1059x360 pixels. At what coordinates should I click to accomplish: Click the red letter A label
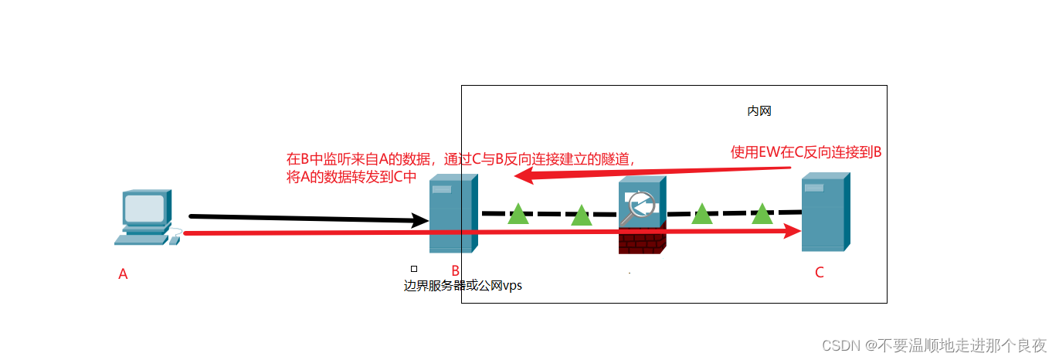pyautogui.click(x=123, y=273)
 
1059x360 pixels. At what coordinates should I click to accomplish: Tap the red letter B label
pyautogui.click(x=456, y=270)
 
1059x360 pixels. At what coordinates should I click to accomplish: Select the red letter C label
pyautogui.click(x=820, y=272)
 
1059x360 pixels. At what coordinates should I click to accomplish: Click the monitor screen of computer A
pyautogui.click(x=144, y=209)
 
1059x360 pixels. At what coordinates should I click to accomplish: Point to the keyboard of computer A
pyautogui.click(x=141, y=239)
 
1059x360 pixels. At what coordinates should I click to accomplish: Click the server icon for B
pyautogui.click(x=453, y=213)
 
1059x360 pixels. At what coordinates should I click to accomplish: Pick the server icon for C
pyautogui.click(x=825, y=212)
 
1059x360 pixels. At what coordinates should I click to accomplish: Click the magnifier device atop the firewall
pyautogui.click(x=641, y=204)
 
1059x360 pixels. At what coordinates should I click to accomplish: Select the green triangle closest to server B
pyautogui.click(x=518, y=214)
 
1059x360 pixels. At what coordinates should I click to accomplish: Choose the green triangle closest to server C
pyautogui.click(x=762, y=213)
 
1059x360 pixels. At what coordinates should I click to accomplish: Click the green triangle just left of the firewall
pyautogui.click(x=581, y=216)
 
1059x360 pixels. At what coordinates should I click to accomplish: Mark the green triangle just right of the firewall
pyautogui.click(x=701, y=213)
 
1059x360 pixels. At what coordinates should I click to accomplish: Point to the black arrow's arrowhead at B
pyautogui.click(x=420, y=221)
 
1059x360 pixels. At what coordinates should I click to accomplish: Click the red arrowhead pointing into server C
pyautogui.click(x=791, y=230)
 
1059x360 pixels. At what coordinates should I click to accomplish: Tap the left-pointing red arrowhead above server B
pyautogui.click(x=525, y=177)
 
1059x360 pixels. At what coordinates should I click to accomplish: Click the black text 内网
pyautogui.click(x=759, y=111)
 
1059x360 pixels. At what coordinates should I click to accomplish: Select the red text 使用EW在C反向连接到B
pyautogui.click(x=806, y=152)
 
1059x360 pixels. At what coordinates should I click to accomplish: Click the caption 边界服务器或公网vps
pyautogui.click(x=463, y=285)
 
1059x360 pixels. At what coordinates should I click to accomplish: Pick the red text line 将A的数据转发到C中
pyautogui.click(x=351, y=176)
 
